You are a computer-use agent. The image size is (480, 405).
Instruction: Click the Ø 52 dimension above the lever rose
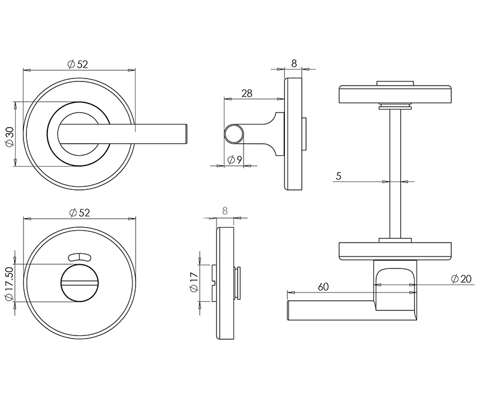click(x=78, y=64)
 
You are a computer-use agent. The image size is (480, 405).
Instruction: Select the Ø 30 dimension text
click(x=10, y=137)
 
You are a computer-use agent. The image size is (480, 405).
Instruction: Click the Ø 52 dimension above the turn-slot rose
click(x=79, y=212)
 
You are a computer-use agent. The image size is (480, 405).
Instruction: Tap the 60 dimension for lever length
click(x=323, y=287)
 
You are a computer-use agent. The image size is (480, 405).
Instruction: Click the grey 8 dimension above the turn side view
click(x=225, y=210)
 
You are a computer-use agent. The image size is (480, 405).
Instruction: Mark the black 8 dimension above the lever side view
click(x=294, y=62)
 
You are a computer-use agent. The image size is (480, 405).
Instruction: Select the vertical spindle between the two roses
click(x=394, y=174)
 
